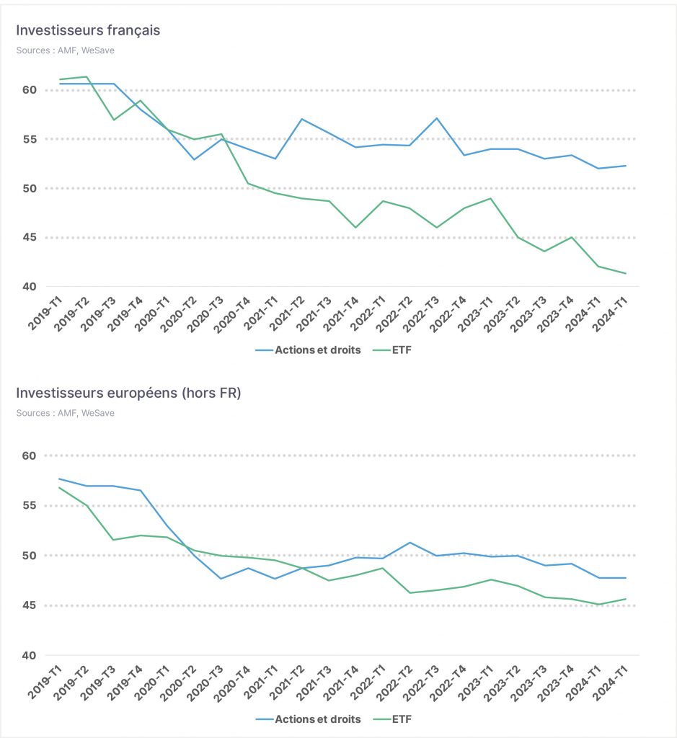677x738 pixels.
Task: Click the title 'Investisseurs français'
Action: coord(88,30)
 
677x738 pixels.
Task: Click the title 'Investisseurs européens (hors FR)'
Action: coord(128,393)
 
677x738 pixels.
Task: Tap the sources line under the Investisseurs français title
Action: coord(66,50)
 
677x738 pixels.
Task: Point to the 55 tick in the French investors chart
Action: coord(29,139)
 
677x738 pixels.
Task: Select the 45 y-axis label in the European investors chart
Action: coord(29,605)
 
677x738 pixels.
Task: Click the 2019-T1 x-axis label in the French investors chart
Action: coord(45,314)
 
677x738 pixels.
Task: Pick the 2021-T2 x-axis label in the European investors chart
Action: coord(287,683)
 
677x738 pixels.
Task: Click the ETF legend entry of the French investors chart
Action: coord(392,350)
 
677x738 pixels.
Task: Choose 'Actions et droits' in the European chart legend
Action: coord(309,719)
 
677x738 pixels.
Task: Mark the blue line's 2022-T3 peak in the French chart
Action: coord(437,118)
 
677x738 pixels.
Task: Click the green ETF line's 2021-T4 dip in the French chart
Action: coord(355,228)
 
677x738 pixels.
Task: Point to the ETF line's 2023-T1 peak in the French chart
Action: coord(491,199)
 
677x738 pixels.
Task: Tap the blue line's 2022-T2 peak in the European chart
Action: coord(410,543)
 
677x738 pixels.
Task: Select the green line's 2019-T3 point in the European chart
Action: coord(113,540)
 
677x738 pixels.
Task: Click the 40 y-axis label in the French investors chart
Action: coord(29,287)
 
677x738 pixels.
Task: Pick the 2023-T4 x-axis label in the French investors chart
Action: coord(555,314)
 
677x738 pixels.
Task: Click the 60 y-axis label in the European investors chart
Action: coord(29,455)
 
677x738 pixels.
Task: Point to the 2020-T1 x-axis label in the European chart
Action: coord(152,683)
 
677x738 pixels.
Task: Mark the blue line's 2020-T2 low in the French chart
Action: coord(194,159)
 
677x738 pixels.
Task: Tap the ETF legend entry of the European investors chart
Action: coord(392,719)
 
